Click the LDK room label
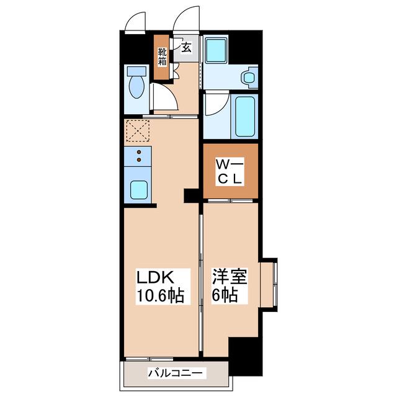pos(155,277)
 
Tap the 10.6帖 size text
pos(160,295)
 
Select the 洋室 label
pos(230,277)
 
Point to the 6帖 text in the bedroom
pos(225,295)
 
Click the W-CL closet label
pos(230,172)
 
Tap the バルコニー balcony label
pos(176,373)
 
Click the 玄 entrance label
pos(186,47)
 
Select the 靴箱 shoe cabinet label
pos(163,57)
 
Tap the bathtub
pos(245,116)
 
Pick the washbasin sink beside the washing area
pos(249,77)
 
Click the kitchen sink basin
pos(139,190)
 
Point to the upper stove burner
pos(139,152)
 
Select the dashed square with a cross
pos(138,131)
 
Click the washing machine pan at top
pos(216,50)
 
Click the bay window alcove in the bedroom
pos(269,285)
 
